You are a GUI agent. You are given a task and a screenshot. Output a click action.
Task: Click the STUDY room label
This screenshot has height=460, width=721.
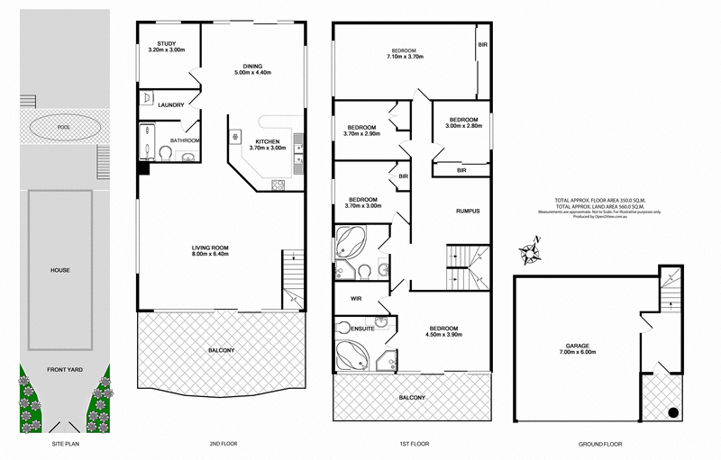tap(165, 47)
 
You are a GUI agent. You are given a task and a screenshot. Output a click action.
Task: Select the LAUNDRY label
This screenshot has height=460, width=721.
tap(171, 105)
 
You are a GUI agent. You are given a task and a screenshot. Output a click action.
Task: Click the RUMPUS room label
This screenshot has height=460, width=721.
tap(466, 211)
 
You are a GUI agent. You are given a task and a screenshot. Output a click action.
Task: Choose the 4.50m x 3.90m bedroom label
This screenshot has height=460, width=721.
tap(443, 330)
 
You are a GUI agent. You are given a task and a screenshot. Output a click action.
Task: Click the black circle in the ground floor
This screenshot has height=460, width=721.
tap(671, 414)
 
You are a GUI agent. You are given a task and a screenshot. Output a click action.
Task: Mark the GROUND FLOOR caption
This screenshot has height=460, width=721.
tap(598, 445)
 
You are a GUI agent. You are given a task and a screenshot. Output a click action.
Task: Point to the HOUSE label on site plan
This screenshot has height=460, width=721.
tap(60, 270)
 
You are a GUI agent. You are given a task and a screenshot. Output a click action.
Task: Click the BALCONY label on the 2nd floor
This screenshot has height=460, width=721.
tap(220, 350)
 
